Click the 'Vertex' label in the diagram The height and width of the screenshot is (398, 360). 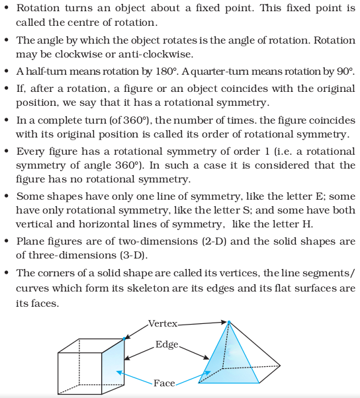tap(163, 324)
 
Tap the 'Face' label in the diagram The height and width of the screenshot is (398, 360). tap(164, 383)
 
